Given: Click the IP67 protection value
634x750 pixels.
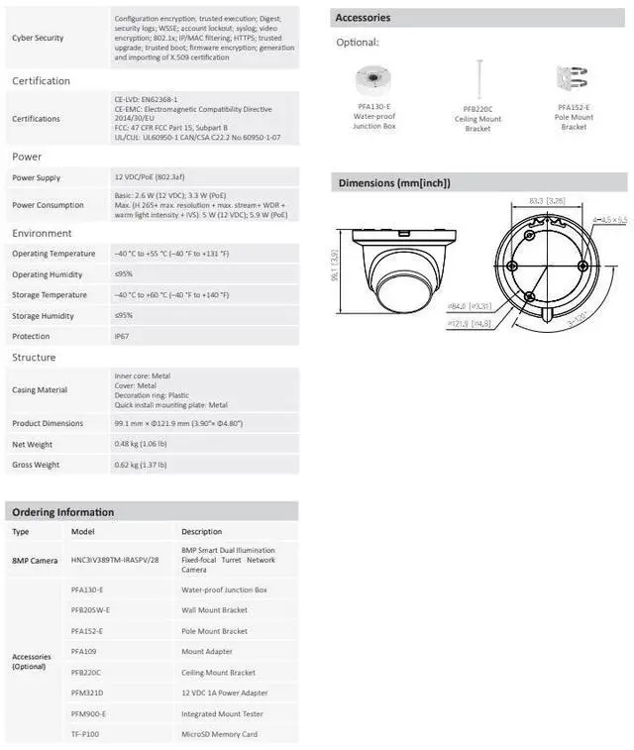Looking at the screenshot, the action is tap(123, 336).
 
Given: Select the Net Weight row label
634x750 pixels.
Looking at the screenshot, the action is tap(33, 444).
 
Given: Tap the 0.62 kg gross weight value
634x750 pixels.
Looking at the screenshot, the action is tap(140, 464).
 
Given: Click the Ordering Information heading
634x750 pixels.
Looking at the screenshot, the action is tap(62, 512).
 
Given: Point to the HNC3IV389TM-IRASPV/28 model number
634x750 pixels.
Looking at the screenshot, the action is tap(115, 560).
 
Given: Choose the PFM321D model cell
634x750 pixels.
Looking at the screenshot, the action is tap(87, 693).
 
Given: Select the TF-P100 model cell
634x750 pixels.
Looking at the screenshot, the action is tap(85, 734).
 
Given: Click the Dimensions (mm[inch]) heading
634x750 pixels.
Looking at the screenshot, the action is tap(394, 182).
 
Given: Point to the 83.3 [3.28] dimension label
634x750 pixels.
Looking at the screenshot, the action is tap(547, 201).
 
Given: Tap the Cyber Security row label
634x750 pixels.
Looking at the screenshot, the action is tap(38, 38).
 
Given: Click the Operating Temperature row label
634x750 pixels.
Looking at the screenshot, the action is tap(53, 254).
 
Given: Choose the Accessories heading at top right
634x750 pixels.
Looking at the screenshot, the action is tap(363, 18).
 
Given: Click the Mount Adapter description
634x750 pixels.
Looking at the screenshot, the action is tap(207, 651).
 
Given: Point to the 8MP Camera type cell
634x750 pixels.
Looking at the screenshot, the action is tap(35, 560).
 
